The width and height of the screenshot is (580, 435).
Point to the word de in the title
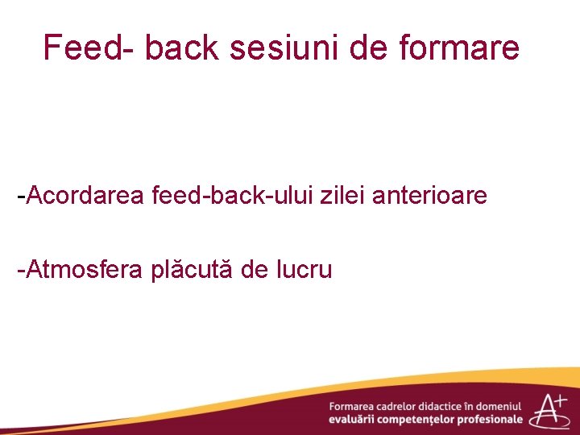369,48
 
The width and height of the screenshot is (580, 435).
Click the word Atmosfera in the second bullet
84,270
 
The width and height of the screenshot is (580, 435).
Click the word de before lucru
255,270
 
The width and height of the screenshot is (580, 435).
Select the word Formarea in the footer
353,407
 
